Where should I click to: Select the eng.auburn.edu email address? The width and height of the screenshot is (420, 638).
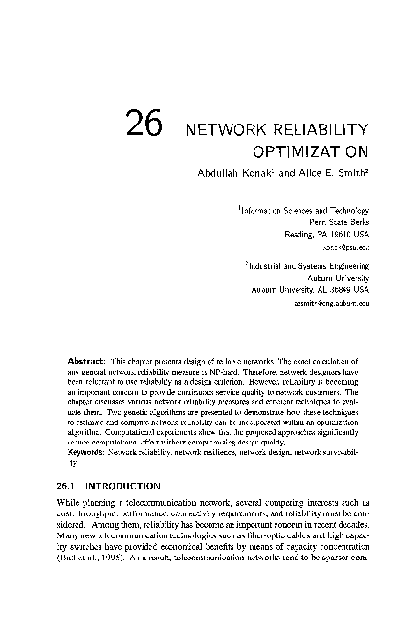332,300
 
